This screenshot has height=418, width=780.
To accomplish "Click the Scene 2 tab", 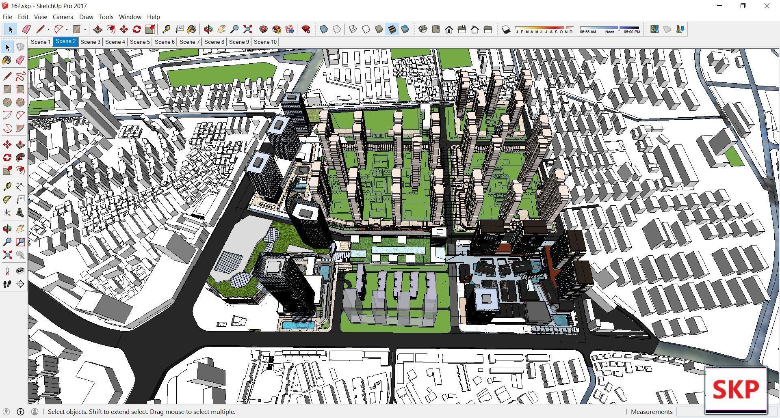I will [65, 41].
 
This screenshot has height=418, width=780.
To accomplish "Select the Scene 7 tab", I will [189, 42].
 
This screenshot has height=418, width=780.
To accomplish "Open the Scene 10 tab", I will [265, 42].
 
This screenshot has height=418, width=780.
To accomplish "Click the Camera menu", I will [63, 17].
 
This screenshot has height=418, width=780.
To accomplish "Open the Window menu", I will [130, 17].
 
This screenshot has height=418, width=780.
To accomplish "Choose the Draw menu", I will [86, 17].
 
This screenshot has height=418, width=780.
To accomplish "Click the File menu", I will [7, 17].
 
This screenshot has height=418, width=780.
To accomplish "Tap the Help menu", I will [153, 17].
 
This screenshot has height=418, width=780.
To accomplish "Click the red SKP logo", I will [736, 389].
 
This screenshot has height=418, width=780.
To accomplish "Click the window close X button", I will [767, 6].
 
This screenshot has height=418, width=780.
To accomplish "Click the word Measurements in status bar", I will [652, 412].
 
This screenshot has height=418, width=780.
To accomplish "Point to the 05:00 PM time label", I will [632, 32].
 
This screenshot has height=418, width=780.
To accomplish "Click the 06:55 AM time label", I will [588, 32].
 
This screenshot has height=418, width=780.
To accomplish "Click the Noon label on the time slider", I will [610, 32].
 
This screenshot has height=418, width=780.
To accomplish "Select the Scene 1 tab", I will [41, 42].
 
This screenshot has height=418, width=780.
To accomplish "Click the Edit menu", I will [23, 17].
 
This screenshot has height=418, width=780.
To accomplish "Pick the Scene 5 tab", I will [140, 42].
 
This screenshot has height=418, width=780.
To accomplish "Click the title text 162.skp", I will [20, 6].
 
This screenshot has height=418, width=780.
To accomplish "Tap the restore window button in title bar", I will [743, 6].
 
